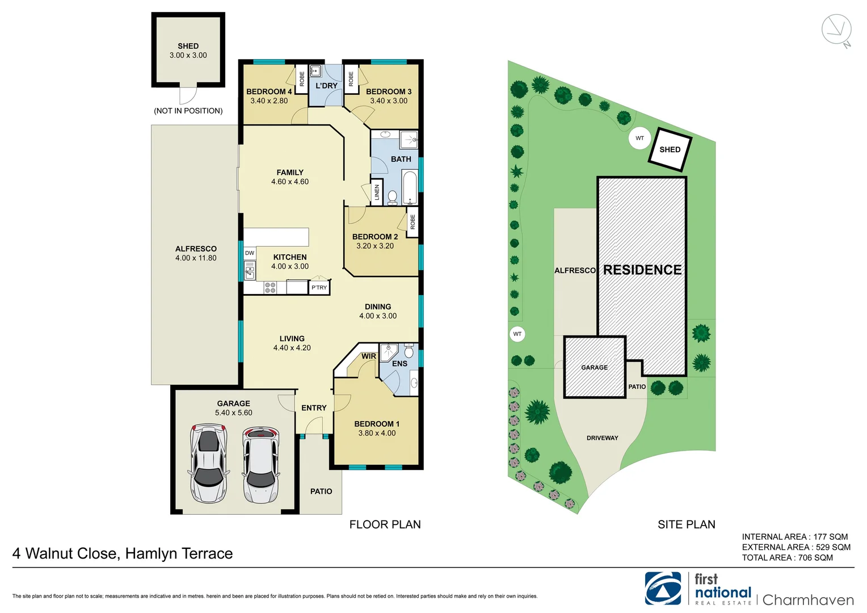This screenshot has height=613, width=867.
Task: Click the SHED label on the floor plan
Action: pyautogui.click(x=188, y=46)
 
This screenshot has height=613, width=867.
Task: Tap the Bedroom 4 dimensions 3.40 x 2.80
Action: pyautogui.click(x=269, y=101)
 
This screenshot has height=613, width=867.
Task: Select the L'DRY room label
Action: pyautogui.click(x=326, y=86)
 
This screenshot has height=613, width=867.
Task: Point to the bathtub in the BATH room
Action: pyautogui.click(x=409, y=188)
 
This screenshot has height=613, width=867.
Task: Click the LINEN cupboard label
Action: pyautogui.click(x=377, y=192)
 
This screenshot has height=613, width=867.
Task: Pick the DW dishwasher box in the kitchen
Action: pyautogui.click(x=250, y=253)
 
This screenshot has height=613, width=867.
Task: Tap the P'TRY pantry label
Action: pyautogui.click(x=319, y=288)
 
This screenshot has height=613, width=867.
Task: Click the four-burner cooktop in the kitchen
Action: pyautogui.click(x=270, y=288)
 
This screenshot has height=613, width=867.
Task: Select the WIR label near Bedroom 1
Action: pyautogui.click(x=369, y=356)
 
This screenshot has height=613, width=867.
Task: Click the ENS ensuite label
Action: pyautogui.click(x=399, y=364)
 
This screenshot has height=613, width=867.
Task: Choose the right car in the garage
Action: pyautogui.click(x=260, y=465)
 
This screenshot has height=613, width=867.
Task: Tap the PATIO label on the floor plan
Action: pyautogui.click(x=321, y=492)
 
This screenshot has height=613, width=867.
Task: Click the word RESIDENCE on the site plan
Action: pyautogui.click(x=642, y=270)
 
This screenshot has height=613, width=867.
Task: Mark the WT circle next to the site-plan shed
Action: pyautogui.click(x=639, y=138)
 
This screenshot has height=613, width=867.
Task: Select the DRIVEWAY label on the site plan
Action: pyautogui.click(x=602, y=438)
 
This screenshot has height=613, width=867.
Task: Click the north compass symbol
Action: pyautogui.click(x=837, y=30)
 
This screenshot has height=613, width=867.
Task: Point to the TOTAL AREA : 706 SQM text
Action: pyautogui.click(x=787, y=558)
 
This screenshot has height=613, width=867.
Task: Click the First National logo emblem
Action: pyautogui.click(x=663, y=589)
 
